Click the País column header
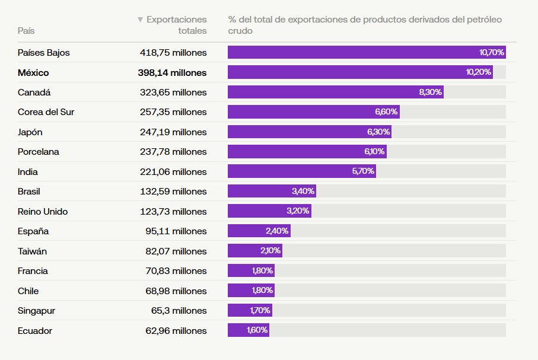[26, 30]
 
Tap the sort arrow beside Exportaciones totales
[140, 20]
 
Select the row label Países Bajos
[44, 52]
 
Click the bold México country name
[42, 72]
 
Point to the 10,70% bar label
[492, 52]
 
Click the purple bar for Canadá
[335, 92]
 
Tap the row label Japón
[30, 132]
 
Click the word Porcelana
[39, 152]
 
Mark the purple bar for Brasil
[272, 191]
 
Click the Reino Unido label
[43, 211]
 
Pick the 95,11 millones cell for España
[176, 231]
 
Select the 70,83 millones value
[176, 271]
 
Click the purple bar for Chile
[251, 291]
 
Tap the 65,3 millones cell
[179, 310]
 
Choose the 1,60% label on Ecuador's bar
[257, 330]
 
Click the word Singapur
[37, 310]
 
